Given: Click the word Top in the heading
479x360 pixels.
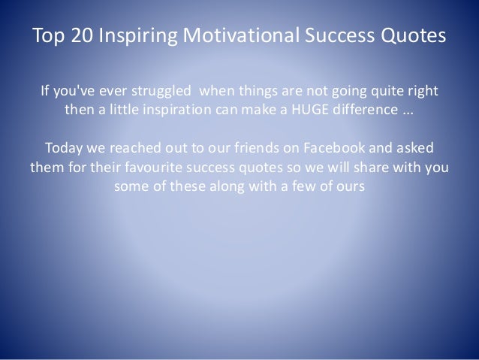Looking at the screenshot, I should (48, 35).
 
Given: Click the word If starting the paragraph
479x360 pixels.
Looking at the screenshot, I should (44, 93).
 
